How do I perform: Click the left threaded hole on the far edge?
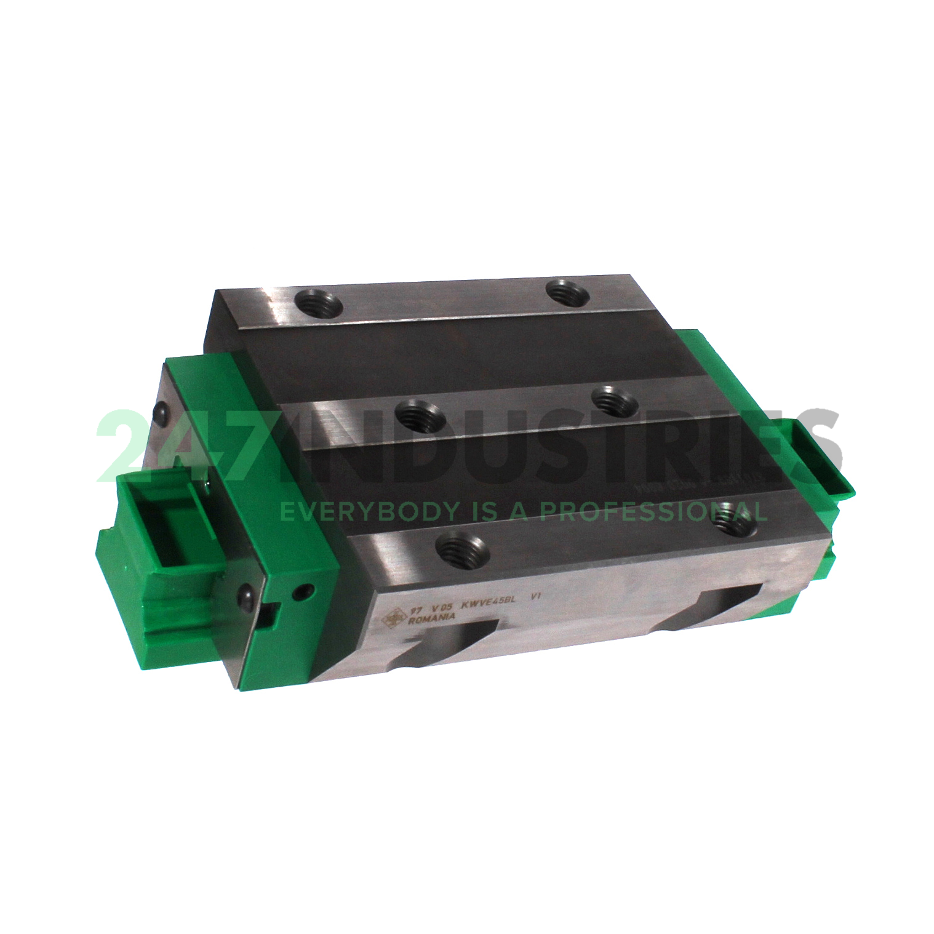click(317, 302)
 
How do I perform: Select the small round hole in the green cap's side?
click(301, 592)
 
